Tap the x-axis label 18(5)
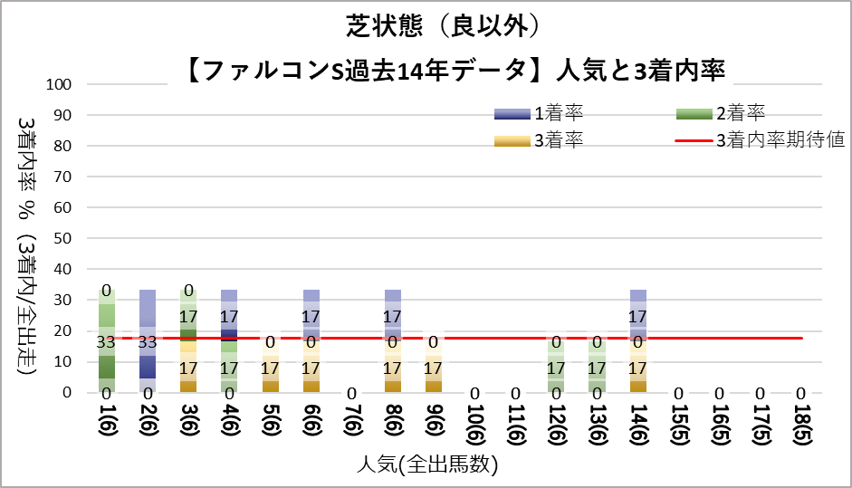[800, 424]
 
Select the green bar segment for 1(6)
[107, 340]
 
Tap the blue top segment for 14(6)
[637, 302]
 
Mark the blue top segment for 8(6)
[393, 302]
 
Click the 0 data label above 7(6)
[351, 393]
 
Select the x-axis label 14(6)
[637, 424]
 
